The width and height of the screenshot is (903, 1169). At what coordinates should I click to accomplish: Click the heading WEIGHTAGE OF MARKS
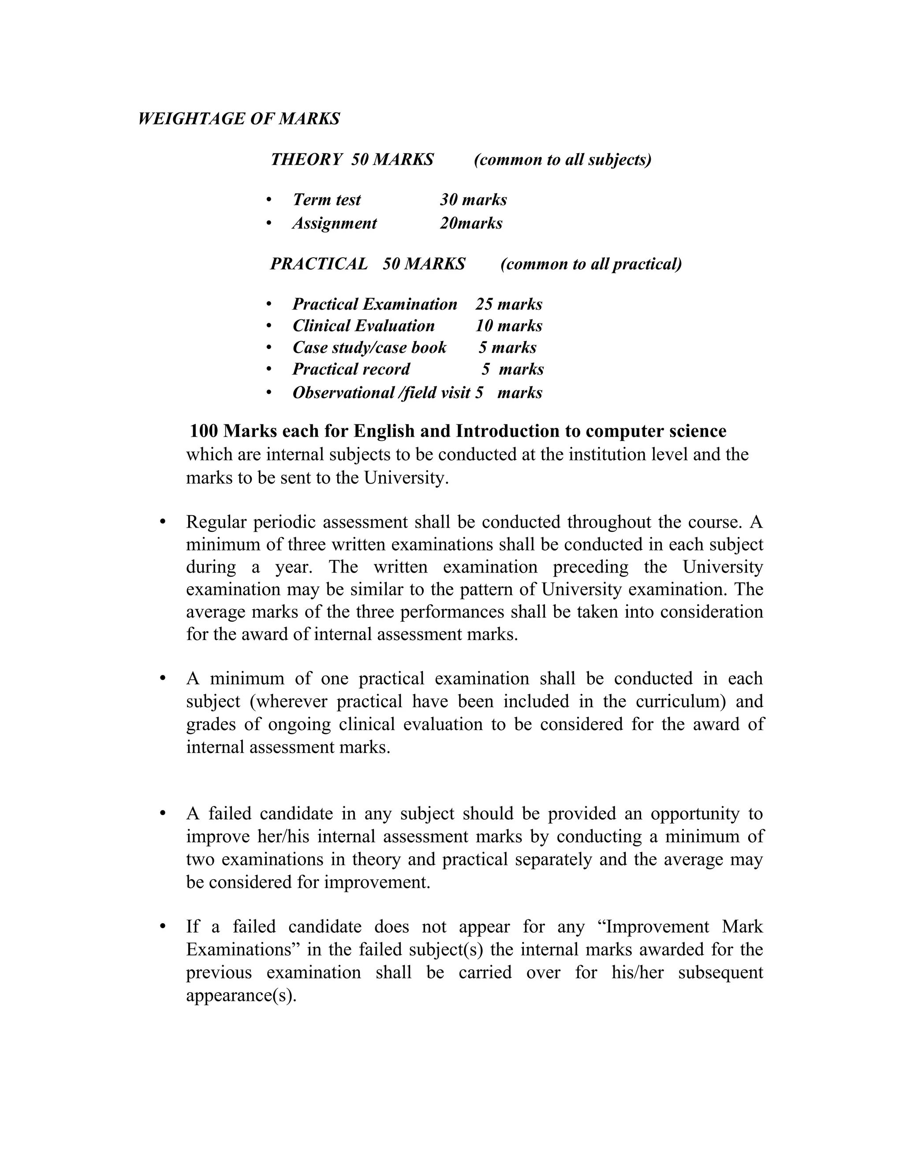[239, 119]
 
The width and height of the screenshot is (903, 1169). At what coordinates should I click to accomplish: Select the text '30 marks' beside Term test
[474, 200]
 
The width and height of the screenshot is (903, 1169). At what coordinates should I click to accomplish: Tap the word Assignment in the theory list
[334, 223]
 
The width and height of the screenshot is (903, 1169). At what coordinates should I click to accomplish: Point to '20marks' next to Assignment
[471, 223]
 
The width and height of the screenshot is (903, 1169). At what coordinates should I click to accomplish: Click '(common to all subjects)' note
[562, 160]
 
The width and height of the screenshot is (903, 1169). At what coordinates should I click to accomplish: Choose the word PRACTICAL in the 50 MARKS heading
[319, 264]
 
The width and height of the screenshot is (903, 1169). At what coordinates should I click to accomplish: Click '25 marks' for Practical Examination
[509, 304]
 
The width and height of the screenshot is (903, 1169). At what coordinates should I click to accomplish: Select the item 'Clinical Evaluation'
[363, 326]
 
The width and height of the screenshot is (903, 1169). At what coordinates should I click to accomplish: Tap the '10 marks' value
[509, 326]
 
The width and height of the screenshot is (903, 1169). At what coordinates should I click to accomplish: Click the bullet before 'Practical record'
[269, 369]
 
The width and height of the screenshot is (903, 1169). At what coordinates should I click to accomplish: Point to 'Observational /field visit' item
[381, 393]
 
